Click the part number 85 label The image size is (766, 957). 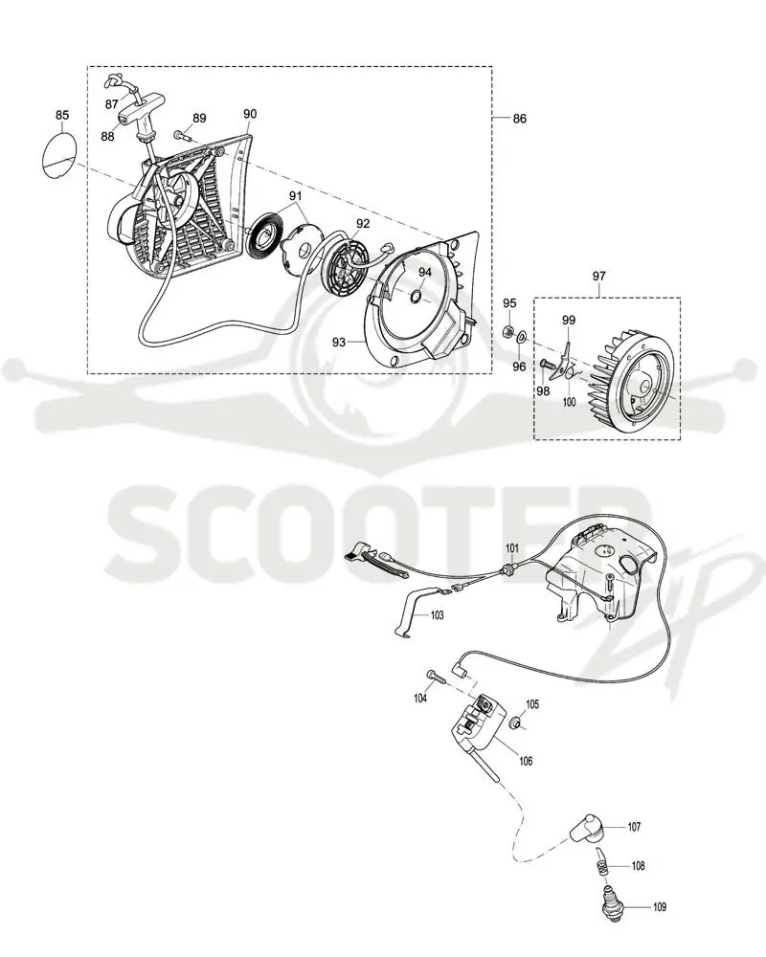(62, 115)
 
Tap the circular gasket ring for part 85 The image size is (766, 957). (43, 156)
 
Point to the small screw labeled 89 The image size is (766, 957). (181, 134)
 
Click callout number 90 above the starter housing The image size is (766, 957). (250, 114)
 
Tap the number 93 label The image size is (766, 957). (339, 343)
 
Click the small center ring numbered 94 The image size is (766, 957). (415, 297)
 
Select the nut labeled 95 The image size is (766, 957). (507, 331)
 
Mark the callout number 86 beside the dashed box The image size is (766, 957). (519, 119)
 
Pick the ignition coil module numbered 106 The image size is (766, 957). (480, 728)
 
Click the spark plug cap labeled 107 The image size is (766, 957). (587, 828)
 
